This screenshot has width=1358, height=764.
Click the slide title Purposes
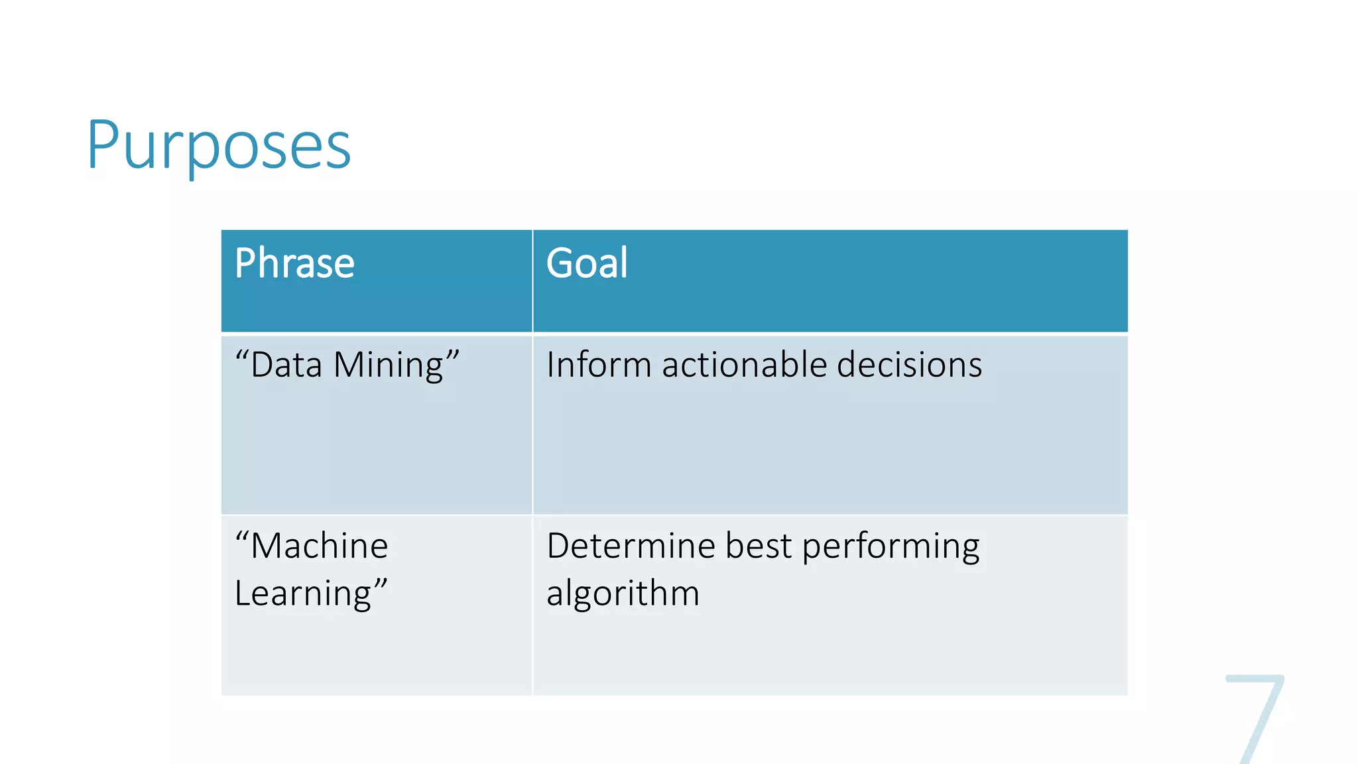coord(219,145)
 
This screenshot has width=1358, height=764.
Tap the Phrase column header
coord(294,263)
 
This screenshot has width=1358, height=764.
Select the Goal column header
coord(587,263)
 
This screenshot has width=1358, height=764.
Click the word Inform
coord(599,365)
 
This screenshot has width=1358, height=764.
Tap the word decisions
coord(909,365)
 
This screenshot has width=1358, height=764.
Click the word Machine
coord(320,546)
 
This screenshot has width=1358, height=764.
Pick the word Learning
coord(303,594)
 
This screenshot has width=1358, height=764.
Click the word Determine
coord(631,546)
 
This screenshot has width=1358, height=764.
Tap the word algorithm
coord(623,594)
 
